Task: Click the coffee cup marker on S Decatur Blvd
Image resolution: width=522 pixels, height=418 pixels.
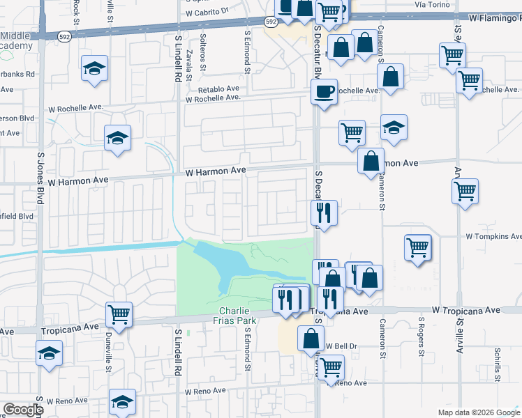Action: pos(325,91)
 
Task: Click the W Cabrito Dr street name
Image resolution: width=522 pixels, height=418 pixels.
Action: pos(207,13)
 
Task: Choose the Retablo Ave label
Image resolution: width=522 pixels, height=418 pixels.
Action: pos(218,89)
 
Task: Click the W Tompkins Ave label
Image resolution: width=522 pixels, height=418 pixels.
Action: pos(492,236)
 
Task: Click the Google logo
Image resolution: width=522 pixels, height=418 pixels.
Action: pos(23,410)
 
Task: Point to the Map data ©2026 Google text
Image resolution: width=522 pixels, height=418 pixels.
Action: pos(479,412)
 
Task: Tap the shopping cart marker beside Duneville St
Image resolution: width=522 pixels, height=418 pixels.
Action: pos(119,314)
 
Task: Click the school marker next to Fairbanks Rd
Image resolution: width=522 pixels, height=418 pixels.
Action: pos(94,68)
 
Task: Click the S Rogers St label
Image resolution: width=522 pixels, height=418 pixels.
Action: pos(422,334)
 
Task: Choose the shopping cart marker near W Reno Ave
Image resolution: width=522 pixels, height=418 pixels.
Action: pos(331,366)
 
